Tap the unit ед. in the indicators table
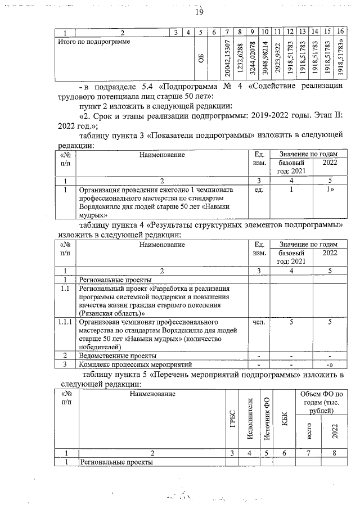[259, 190]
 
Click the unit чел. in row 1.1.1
[259, 322]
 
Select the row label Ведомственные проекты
[110, 356]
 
